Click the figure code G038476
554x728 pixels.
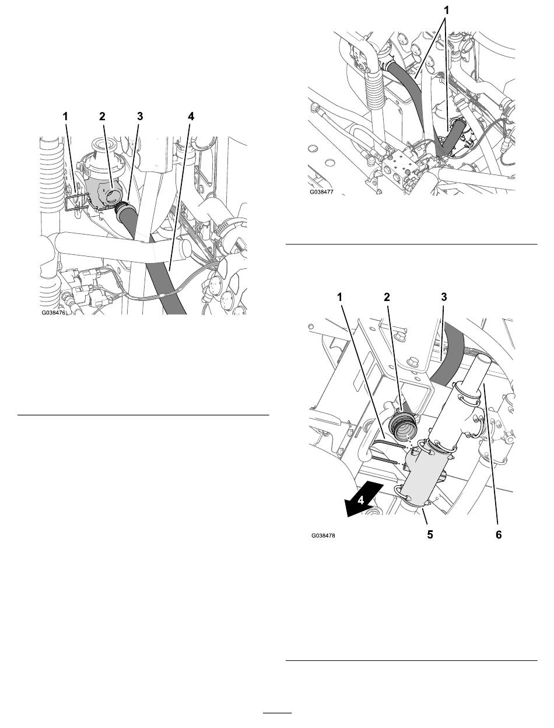pyautogui.click(x=54, y=313)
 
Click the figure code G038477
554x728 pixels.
pyautogui.click(x=321, y=192)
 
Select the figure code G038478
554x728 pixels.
pyautogui.click(x=323, y=535)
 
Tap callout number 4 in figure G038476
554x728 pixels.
pyautogui.click(x=191, y=117)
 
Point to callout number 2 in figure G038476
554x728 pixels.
pyautogui.click(x=102, y=117)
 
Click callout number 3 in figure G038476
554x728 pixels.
pyautogui.click(x=140, y=117)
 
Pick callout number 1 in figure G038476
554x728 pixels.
pyautogui.click(x=65, y=117)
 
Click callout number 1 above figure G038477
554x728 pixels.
pyautogui.click(x=446, y=10)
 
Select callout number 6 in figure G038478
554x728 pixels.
pyautogui.click(x=499, y=534)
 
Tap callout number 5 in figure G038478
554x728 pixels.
pyautogui.click(x=430, y=534)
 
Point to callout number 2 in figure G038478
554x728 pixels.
pyautogui.click(x=387, y=297)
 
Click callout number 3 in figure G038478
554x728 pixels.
pyautogui.click(x=444, y=297)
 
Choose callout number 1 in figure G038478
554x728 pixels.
pyautogui.click(x=339, y=297)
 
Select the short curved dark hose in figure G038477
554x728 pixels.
pyautogui.click(x=451, y=138)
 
